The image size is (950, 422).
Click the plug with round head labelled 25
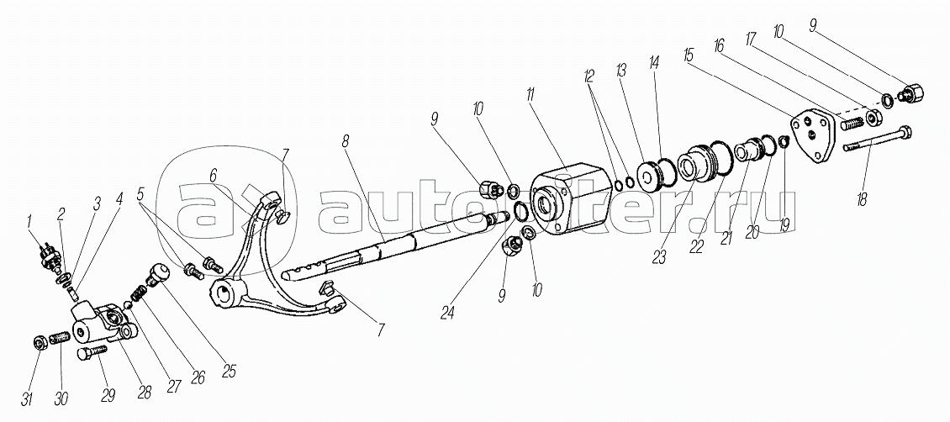pos(159,273)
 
